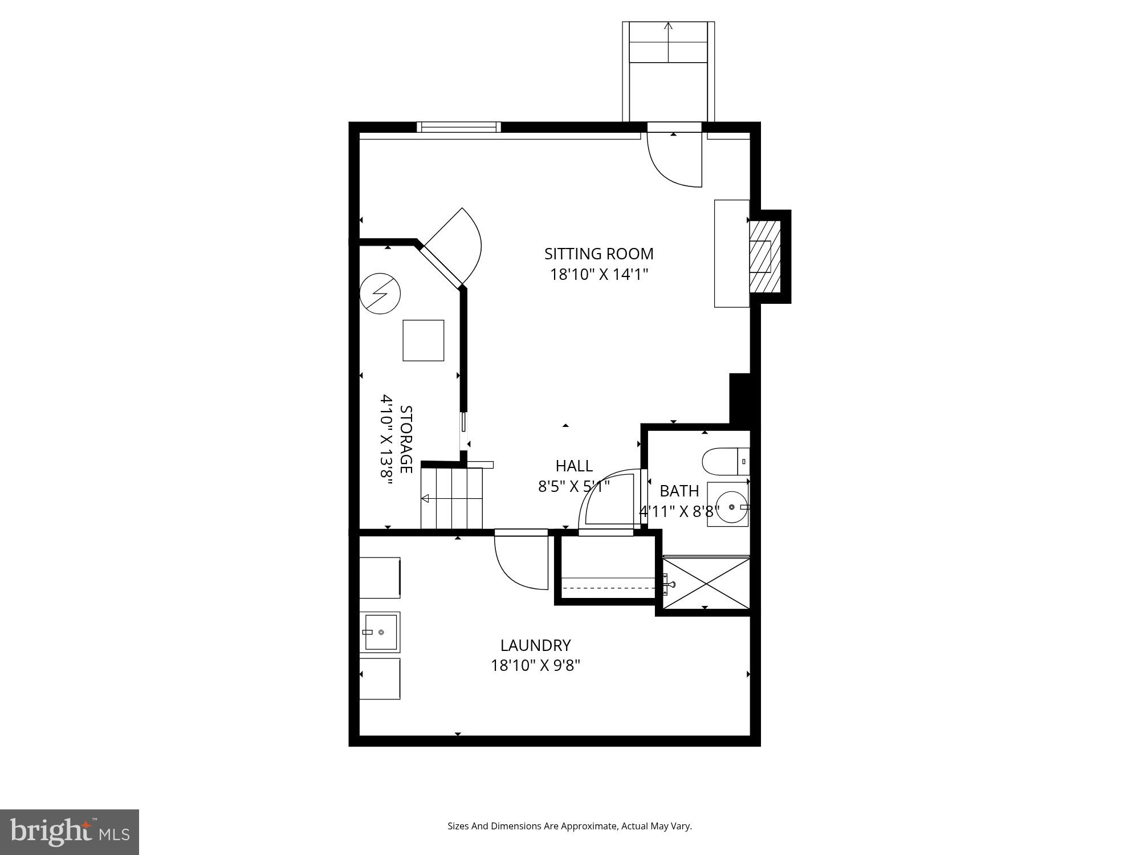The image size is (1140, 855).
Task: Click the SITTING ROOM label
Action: coord(598,254)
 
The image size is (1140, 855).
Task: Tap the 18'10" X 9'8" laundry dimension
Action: coord(535,666)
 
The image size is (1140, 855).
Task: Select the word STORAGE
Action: coord(406,439)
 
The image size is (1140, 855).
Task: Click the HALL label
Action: coord(574,466)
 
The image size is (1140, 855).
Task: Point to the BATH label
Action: coord(679,491)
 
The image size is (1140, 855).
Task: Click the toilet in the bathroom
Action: coord(723,461)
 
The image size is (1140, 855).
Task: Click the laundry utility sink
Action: coord(380,632)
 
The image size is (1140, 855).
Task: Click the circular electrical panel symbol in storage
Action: coord(380,294)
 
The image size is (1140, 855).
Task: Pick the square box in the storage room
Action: coord(423,340)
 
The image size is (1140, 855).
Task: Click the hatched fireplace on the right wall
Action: coord(764,256)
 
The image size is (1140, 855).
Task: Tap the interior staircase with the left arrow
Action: coord(451,498)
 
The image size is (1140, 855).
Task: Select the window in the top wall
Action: coord(458,127)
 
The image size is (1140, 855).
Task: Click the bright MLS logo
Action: coord(69,832)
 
